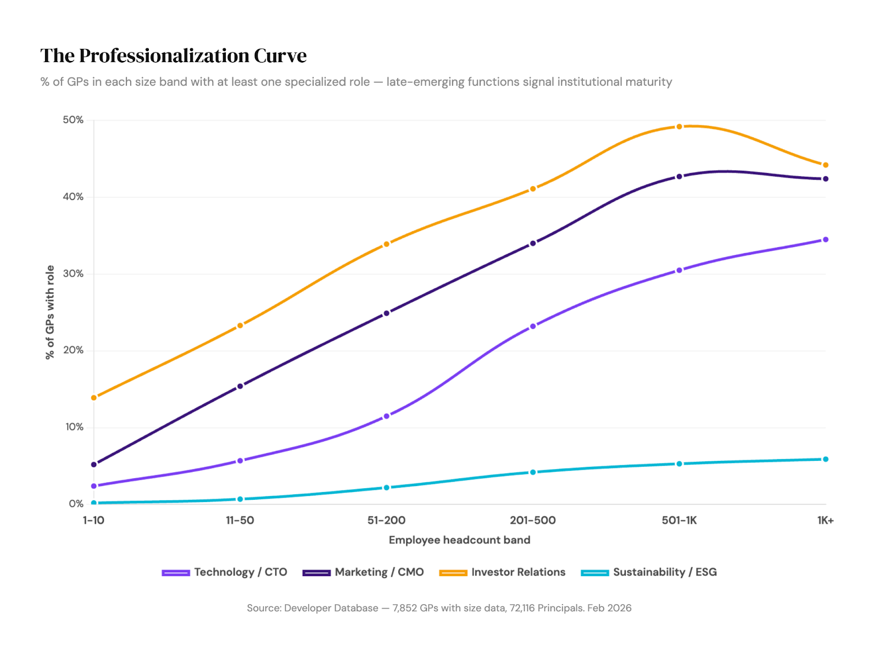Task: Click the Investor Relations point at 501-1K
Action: click(679, 127)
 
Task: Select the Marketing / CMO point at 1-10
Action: click(94, 465)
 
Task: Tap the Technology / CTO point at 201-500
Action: click(533, 326)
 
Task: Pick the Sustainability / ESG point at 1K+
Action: click(825, 459)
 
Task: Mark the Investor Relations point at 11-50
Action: click(240, 326)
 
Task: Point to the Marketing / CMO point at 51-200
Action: click(386, 313)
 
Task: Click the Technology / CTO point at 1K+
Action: click(825, 239)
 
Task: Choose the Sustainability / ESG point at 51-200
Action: click(386, 488)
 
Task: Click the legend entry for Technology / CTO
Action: click(225, 572)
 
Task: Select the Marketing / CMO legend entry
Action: click(363, 572)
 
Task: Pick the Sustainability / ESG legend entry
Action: click(649, 572)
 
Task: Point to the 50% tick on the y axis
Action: click(73, 120)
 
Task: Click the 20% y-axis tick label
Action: click(73, 350)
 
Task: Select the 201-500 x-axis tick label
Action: click(533, 520)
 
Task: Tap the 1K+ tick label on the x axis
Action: click(825, 520)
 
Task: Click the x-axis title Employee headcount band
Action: click(459, 540)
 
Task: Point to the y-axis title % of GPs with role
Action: click(50, 312)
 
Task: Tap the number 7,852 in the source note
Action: click(405, 608)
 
